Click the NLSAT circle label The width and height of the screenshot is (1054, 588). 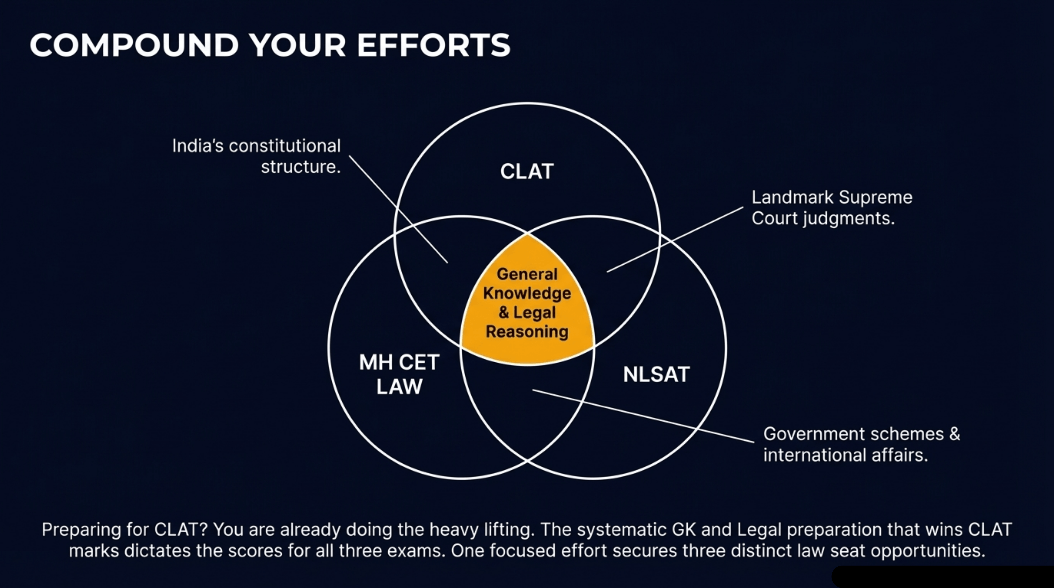tap(656, 374)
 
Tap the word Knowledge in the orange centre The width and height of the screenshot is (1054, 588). tap(527, 293)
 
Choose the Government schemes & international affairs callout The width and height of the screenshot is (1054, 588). tap(861, 444)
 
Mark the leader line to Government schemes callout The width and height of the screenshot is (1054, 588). tap(642, 416)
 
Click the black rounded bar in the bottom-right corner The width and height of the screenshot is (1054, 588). tap(941, 577)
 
